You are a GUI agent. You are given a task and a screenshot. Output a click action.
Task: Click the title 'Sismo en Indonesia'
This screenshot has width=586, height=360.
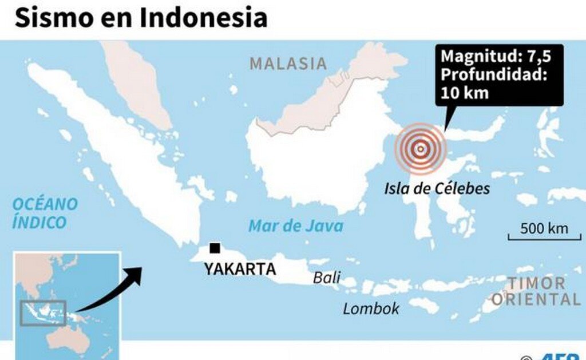click(x=141, y=17)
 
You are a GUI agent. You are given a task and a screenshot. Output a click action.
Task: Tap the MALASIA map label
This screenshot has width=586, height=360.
click(x=288, y=64)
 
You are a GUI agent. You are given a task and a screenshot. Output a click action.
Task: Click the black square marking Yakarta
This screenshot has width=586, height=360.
click(x=215, y=248)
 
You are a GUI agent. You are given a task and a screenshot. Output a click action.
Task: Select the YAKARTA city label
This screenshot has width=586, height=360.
click(x=240, y=268)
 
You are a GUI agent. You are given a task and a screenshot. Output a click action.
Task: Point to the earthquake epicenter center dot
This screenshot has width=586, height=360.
click(x=421, y=149)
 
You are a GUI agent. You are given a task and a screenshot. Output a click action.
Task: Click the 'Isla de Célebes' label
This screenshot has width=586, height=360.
click(x=437, y=188)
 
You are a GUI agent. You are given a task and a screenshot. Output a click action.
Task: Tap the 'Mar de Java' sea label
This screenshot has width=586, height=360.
click(x=296, y=226)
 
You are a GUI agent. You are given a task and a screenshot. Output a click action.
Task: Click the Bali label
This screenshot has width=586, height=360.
click(x=326, y=278)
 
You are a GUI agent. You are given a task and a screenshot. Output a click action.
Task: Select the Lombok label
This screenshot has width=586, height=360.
click(x=371, y=309)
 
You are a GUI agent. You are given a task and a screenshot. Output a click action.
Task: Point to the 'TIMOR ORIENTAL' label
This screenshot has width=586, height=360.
click(x=536, y=291)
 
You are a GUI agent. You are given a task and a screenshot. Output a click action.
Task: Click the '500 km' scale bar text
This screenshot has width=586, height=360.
click(x=544, y=228)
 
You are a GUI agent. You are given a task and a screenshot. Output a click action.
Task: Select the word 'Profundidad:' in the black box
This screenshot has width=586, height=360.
click(x=494, y=74)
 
